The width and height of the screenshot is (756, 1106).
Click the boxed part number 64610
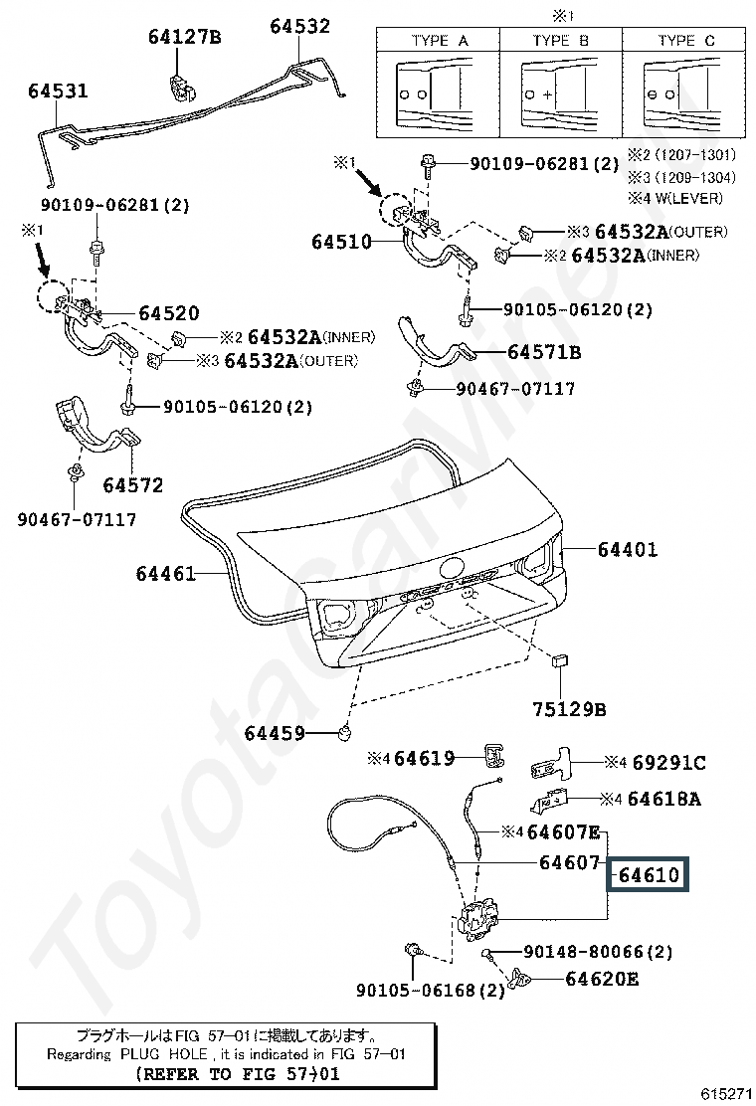tap(648, 875)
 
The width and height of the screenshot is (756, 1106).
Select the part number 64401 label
tap(627, 549)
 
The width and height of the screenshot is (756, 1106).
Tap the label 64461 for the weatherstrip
tap(166, 574)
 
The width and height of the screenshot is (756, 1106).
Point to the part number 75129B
tap(568, 709)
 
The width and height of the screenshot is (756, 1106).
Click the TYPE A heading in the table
tap(439, 41)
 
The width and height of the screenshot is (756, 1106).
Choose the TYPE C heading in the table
tap(685, 41)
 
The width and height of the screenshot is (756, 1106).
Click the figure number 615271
tap(726, 1093)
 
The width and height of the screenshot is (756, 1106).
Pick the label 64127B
tap(184, 38)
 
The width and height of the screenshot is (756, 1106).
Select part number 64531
tap(58, 92)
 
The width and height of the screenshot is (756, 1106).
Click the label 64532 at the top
tap(299, 26)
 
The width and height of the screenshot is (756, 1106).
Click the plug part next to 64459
tap(347, 733)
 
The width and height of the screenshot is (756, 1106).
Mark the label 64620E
tap(602, 979)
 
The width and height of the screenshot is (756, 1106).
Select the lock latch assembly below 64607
tap(482, 921)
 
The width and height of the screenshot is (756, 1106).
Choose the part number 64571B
tap(543, 352)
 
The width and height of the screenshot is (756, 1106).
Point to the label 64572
tap(132, 485)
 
